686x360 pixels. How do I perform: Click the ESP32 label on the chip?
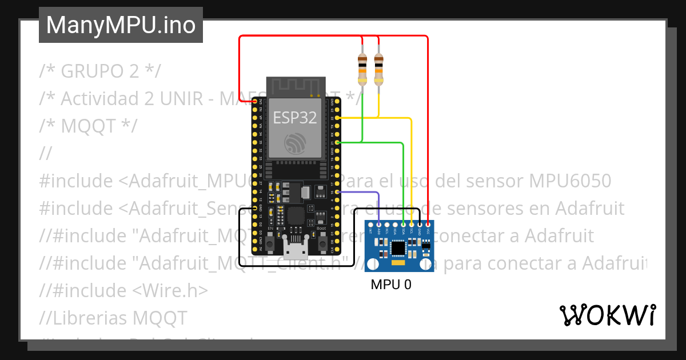(294, 117)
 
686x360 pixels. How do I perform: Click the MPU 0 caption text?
(390, 285)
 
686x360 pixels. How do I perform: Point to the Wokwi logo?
(607, 315)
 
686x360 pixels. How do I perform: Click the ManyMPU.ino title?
(121, 25)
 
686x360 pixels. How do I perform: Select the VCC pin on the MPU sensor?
(428, 225)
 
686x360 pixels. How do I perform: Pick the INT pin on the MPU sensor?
(370, 225)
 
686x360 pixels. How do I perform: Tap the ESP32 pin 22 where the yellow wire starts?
(338, 118)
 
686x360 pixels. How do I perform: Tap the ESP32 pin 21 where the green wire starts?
(338, 142)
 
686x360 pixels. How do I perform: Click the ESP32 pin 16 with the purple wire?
(338, 193)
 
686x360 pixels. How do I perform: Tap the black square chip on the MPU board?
(397, 247)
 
